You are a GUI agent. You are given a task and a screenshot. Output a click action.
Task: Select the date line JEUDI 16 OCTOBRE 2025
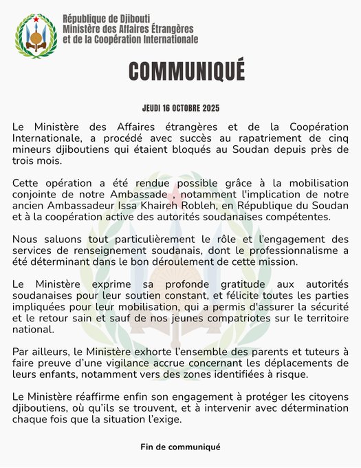pyautogui.click(x=180, y=109)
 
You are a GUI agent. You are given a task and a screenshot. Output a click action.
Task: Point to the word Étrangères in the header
pyautogui.click(x=167, y=28)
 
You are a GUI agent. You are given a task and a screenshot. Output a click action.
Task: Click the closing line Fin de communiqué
pyautogui.click(x=180, y=447)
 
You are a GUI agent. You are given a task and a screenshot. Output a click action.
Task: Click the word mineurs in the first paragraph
pyautogui.click(x=32, y=149)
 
